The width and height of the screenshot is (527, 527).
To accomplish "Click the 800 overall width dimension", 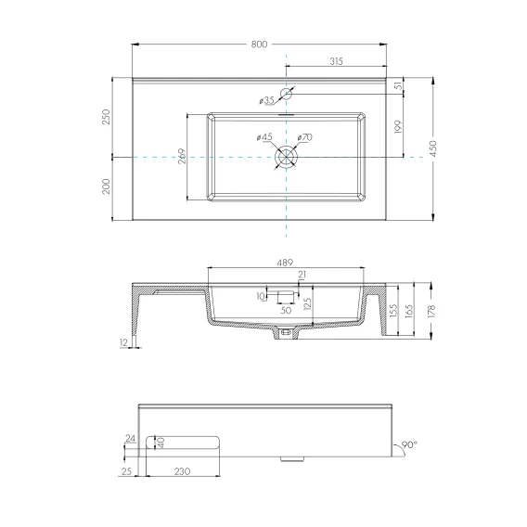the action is point(259,45).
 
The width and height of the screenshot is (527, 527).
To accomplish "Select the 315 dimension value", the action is point(336,61).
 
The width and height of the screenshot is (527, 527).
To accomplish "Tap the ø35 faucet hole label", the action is point(267,100).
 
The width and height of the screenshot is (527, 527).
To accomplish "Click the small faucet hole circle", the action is point(286,94).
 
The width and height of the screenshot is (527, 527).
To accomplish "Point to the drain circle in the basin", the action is point(286,157).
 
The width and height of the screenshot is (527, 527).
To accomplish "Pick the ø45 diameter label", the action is point(264,137).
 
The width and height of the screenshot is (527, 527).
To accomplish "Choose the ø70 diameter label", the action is point(305,137).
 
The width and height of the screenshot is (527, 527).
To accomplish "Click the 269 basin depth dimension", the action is point(182,156).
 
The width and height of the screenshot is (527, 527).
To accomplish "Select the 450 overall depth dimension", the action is point(433,148).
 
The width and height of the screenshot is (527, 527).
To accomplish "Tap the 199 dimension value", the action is point(398,127).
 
